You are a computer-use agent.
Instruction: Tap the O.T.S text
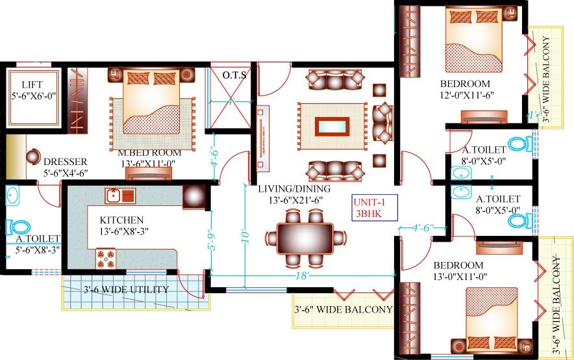(x=234, y=75)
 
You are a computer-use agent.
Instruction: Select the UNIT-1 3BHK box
(x=373, y=207)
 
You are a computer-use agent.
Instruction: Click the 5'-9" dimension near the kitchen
(x=209, y=238)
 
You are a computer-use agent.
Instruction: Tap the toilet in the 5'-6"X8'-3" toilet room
(x=19, y=227)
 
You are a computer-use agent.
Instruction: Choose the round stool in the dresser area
(x=32, y=157)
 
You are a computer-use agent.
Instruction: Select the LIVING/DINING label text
(x=294, y=195)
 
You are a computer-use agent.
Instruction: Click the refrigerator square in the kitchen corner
(x=193, y=196)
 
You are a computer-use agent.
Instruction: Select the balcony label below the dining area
(x=343, y=309)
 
